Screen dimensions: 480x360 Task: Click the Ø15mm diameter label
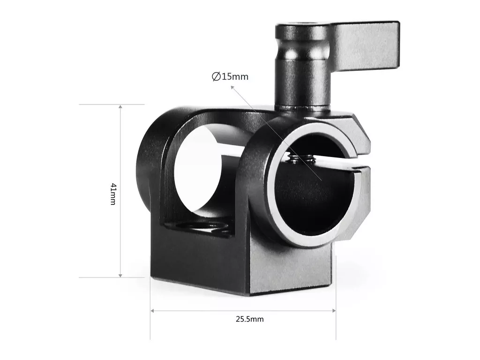[230, 76]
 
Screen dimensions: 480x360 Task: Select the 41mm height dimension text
[113, 194]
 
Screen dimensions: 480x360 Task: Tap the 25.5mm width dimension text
[250, 319]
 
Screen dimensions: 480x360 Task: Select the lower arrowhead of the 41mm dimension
[120, 275]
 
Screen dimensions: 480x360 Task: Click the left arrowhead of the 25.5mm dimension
[153, 311]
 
